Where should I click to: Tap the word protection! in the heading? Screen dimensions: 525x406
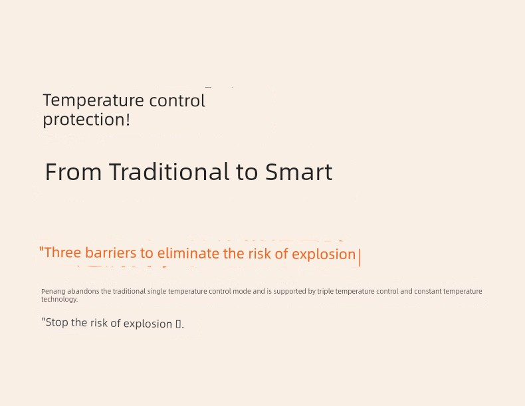pyautogui.click(x=86, y=120)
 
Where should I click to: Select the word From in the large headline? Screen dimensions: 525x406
pyautogui.click(x=73, y=172)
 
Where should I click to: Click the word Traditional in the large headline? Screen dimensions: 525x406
pyautogui.click(x=169, y=171)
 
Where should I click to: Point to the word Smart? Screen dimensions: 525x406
pyautogui.click(x=298, y=172)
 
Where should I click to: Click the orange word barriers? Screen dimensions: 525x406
pyautogui.click(x=111, y=253)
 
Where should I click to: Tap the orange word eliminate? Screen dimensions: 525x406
pyautogui.click(x=188, y=253)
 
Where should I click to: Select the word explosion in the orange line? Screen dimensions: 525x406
pyautogui.click(x=324, y=254)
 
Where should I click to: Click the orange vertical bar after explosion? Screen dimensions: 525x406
pyautogui.click(x=360, y=258)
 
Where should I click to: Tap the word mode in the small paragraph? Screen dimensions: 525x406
pyautogui.click(x=241, y=291)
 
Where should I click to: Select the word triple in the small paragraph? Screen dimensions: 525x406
pyautogui.click(x=326, y=292)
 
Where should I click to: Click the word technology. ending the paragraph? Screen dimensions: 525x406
pyautogui.click(x=59, y=299)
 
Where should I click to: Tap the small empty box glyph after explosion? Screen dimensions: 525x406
pyautogui.click(x=179, y=324)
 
